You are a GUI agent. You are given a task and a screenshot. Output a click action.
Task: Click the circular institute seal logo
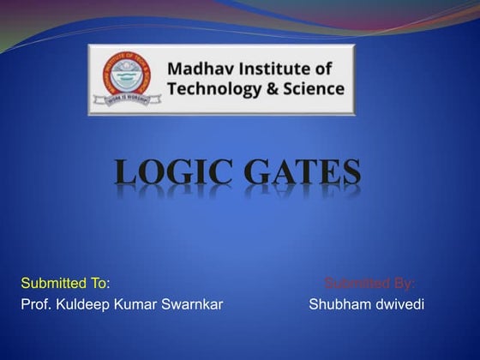(125, 80)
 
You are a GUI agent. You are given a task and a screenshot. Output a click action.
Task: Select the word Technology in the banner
(213, 89)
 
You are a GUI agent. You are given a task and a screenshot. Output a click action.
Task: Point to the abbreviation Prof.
(35, 305)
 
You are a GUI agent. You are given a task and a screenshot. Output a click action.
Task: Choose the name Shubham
(338, 305)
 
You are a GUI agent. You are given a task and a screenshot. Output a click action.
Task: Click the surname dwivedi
(398, 305)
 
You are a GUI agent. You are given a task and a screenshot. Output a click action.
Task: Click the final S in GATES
(349, 173)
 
